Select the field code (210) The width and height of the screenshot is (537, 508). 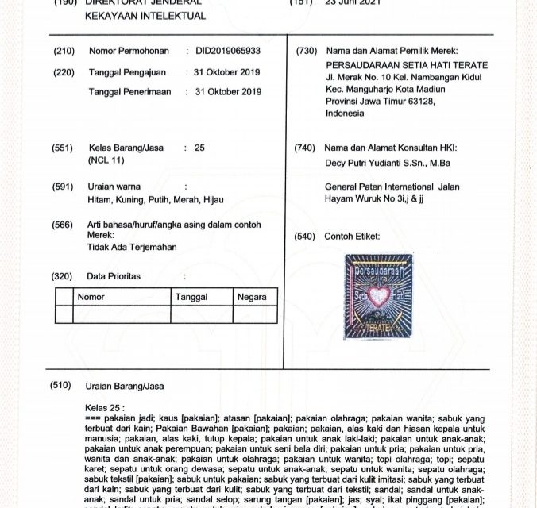coord(64,51)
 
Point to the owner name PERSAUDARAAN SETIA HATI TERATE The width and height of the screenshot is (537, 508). coord(408,63)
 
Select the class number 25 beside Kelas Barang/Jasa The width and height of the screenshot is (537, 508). coord(199,148)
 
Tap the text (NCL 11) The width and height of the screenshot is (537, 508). coord(106,160)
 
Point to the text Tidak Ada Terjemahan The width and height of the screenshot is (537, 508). coord(132,247)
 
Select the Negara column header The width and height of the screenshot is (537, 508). coord(252,297)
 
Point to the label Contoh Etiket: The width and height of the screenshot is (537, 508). coord(352,237)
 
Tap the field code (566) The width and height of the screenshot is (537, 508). coord(64,225)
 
